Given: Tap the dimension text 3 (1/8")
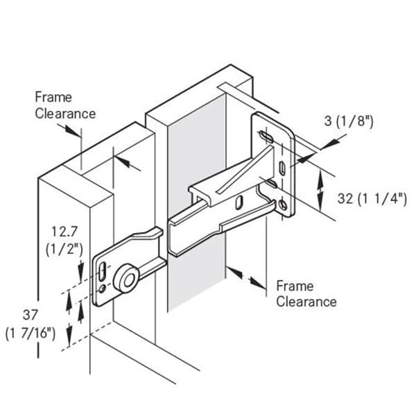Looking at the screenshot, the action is (x=349, y=121).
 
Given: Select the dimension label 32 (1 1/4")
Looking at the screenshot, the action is (x=372, y=199).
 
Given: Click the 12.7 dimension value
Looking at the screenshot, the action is (x=64, y=232).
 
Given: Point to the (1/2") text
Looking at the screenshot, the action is (x=64, y=250).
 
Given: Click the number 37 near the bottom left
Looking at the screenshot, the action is (x=31, y=315).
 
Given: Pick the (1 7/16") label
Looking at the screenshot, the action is (x=31, y=333).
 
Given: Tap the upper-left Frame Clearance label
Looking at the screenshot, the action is (x=65, y=105).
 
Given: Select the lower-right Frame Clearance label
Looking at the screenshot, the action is (x=306, y=294).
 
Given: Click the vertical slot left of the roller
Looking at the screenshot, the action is (x=102, y=271).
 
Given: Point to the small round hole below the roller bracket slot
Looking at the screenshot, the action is (x=102, y=288).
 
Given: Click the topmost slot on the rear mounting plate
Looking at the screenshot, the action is (x=266, y=136).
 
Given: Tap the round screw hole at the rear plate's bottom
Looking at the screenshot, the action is (x=283, y=205).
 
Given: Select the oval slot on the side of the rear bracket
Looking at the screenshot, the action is (x=239, y=202).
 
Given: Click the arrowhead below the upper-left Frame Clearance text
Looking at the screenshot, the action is (x=71, y=131).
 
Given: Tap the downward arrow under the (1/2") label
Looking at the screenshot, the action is (x=80, y=271).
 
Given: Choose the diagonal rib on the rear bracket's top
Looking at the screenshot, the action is (x=245, y=168).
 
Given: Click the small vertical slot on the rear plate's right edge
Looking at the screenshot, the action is (x=282, y=168).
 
